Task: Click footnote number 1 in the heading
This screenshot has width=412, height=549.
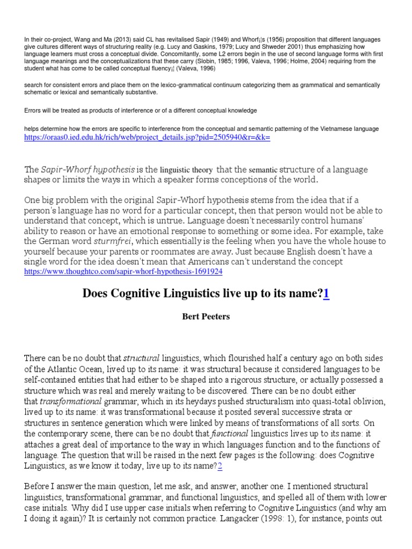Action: pos(326,293)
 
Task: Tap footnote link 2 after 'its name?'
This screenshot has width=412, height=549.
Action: pos(219,466)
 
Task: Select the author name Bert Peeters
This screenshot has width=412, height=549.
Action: pos(206,317)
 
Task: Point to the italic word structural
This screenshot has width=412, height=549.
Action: pos(142,358)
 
